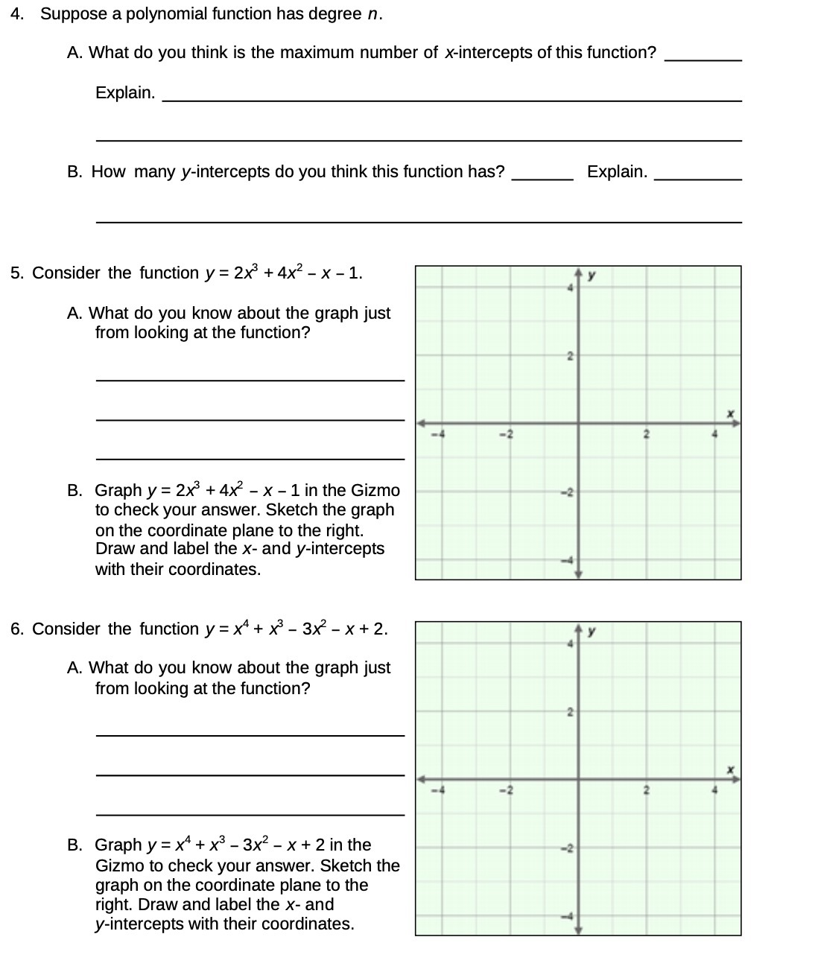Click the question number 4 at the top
tap(16, 14)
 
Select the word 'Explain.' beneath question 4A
tap(125, 93)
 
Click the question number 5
tap(16, 273)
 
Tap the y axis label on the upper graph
tap(592, 276)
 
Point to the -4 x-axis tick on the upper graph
tap(440, 433)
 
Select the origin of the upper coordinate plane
tap(579, 425)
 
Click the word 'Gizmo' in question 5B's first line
tap(375, 490)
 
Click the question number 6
tap(16, 629)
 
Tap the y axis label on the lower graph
tap(592, 632)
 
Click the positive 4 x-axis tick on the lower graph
tap(714, 790)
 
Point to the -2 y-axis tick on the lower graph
tap(567, 848)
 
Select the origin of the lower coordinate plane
tap(579, 780)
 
